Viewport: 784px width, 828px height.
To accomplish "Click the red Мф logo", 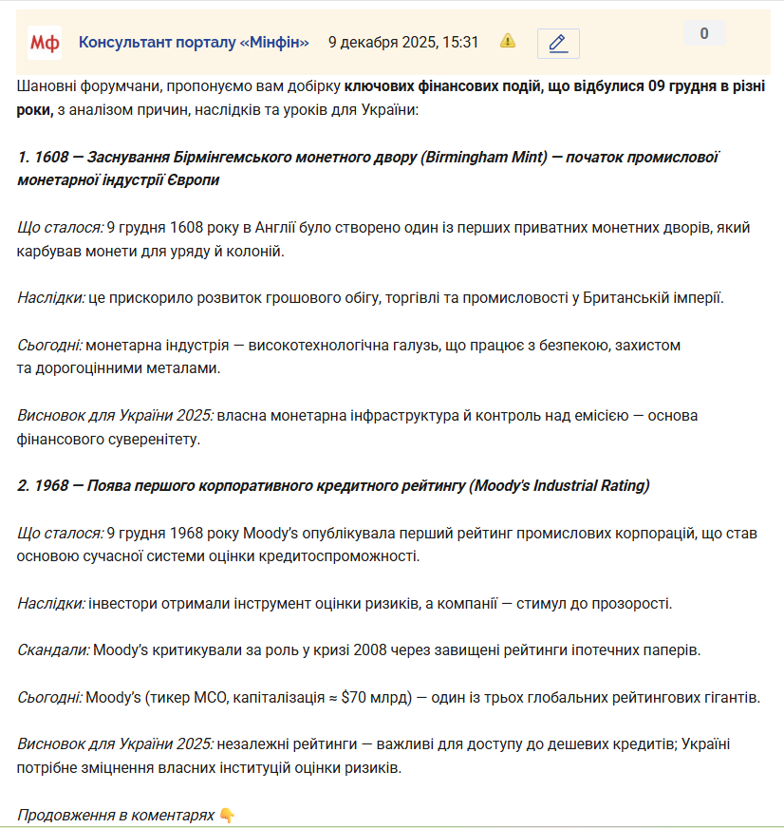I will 45,42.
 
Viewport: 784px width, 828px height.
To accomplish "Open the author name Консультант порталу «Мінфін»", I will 194,42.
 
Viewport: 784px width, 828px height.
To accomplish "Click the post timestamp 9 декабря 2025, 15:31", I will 403,42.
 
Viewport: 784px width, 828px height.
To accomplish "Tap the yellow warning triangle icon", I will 508,41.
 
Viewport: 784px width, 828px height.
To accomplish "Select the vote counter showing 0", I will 704,34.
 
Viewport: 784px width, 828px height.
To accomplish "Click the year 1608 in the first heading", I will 47,157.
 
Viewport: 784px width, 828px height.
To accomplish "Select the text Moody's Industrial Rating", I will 559,485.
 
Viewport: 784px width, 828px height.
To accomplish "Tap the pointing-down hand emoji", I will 227,815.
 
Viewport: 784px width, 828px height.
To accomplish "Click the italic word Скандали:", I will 53,650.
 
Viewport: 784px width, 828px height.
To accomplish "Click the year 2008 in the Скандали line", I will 366,650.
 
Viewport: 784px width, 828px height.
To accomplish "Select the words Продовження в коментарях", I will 116,815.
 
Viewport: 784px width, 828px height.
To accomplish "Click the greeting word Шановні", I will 47,86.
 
